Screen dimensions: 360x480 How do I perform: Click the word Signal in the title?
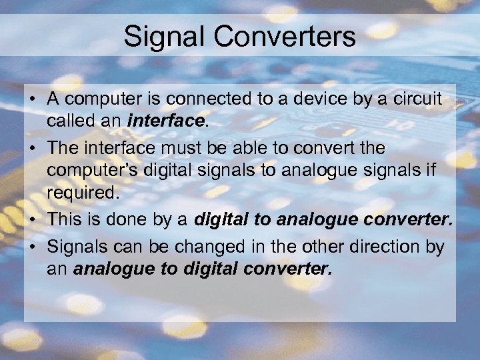pyautogui.click(x=164, y=37)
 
